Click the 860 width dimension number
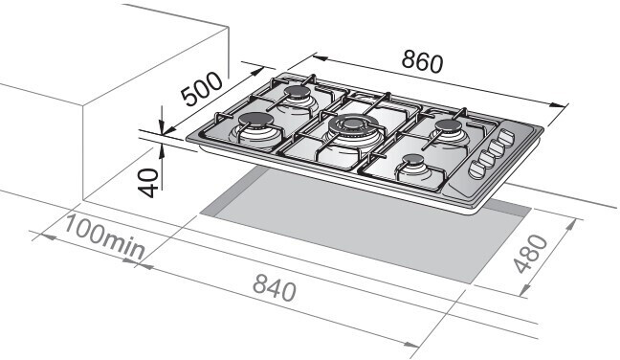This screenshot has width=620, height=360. click(x=422, y=62)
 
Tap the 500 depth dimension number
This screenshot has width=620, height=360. click(x=201, y=89)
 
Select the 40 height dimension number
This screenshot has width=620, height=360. click(x=147, y=182)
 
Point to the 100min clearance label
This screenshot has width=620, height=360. click(x=103, y=236)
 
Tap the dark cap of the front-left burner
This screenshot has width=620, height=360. click(x=255, y=120)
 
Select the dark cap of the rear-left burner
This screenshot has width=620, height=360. click(x=298, y=93)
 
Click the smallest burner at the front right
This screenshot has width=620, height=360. click(x=413, y=160)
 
